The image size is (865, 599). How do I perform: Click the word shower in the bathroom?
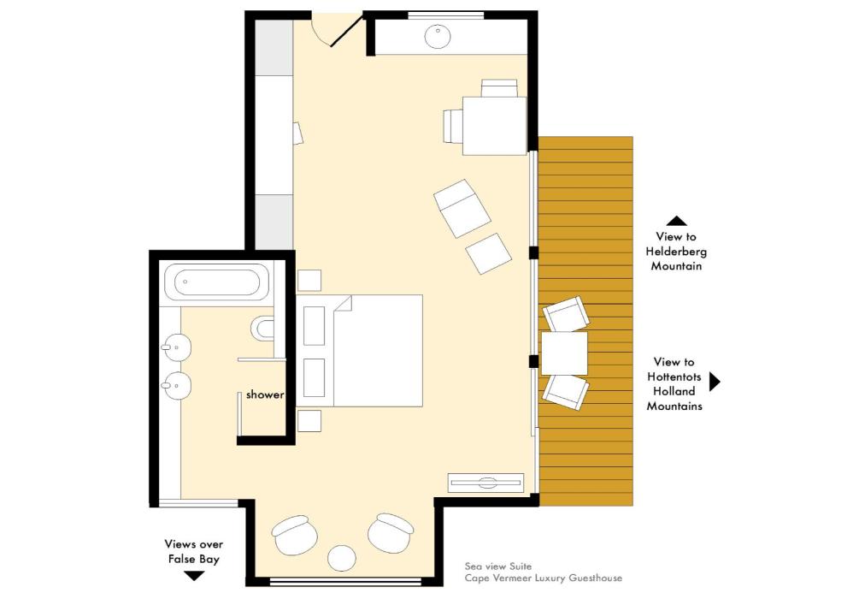[265, 394]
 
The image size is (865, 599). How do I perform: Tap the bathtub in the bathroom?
[217, 282]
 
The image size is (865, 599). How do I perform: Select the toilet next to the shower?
[262, 329]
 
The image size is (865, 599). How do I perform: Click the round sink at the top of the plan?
[438, 37]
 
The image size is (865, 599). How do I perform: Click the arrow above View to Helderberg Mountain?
[676, 221]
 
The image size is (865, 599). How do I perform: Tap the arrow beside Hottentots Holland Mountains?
[715, 382]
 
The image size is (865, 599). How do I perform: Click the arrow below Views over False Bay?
[194, 576]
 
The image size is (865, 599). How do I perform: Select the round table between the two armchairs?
[342, 558]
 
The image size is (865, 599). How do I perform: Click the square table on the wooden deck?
[564, 353]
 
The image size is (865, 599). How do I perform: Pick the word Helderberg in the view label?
[676, 252]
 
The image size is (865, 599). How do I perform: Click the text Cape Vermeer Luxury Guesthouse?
[544, 578]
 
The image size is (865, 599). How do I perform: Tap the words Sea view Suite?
[498, 566]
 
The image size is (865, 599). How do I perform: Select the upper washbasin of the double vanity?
[176, 347]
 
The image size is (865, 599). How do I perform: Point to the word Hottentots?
[674, 377]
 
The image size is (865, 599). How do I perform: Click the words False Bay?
[194, 559]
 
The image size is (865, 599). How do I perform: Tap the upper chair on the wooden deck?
[566, 314]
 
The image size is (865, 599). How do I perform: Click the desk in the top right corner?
[494, 125]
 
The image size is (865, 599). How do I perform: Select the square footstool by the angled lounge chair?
[488, 253]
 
